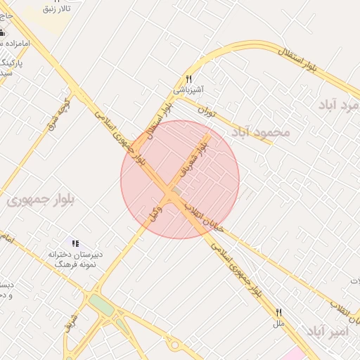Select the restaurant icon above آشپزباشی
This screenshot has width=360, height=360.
click(188, 79)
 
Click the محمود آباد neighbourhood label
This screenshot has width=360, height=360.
click(260, 132)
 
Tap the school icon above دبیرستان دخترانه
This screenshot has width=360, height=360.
click(75, 243)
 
